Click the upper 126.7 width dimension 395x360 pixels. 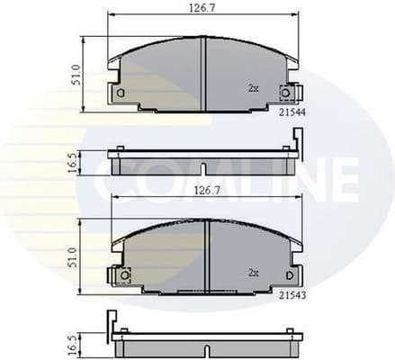click(x=202, y=8)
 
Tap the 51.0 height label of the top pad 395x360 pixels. click(x=76, y=75)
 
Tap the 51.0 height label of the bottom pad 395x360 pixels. click(x=76, y=257)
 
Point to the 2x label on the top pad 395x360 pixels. click(x=253, y=88)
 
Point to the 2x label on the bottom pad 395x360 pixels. click(x=253, y=271)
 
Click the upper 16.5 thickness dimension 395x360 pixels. click(x=76, y=164)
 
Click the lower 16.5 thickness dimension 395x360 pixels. click(x=76, y=345)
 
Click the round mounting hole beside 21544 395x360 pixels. click(x=286, y=91)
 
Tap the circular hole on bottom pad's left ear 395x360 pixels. click(x=125, y=274)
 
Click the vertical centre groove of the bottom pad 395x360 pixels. click(x=207, y=256)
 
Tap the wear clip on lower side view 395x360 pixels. click(x=112, y=322)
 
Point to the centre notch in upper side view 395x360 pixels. click(x=204, y=167)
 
